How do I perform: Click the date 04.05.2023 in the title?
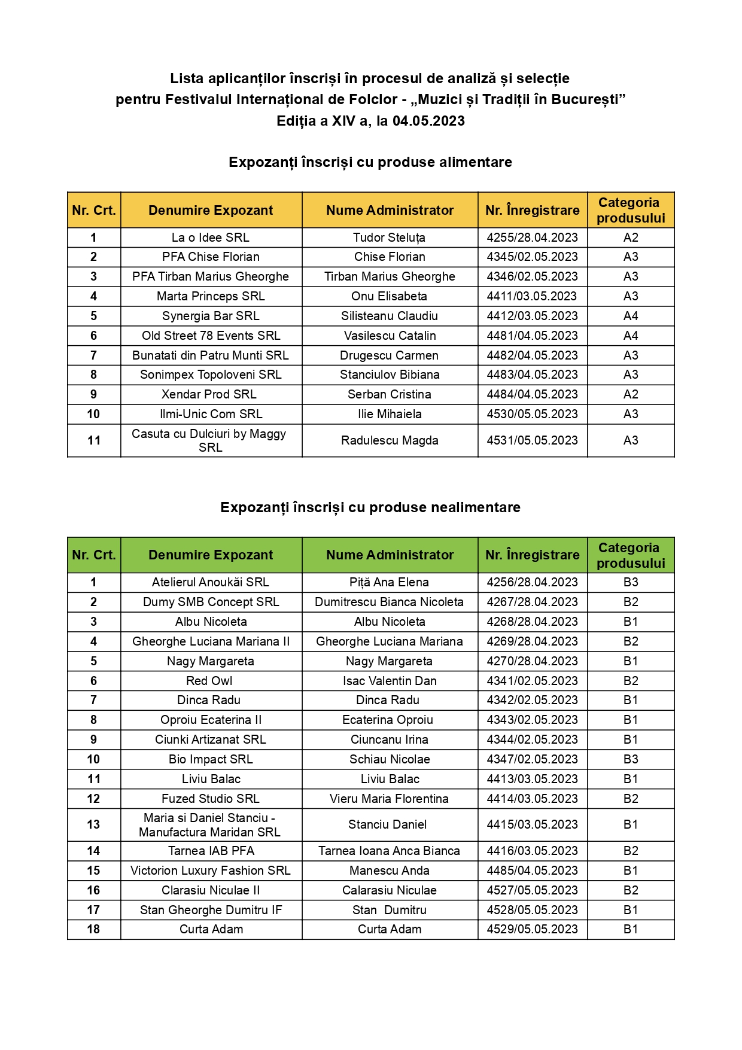[x=428, y=121]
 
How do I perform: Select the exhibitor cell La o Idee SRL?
[x=211, y=238]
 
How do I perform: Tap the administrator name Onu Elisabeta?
[x=390, y=296]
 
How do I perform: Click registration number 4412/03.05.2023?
[x=532, y=316]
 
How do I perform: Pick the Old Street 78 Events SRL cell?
[x=211, y=336]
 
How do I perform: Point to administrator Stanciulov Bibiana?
[x=390, y=375]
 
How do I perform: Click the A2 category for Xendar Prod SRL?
[x=631, y=394]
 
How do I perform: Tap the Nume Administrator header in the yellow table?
[x=390, y=210]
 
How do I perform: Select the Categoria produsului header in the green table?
[x=631, y=555]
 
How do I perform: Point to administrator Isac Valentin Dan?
[x=390, y=681]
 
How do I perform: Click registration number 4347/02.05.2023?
[x=532, y=759]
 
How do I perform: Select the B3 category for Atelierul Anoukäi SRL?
[x=631, y=582]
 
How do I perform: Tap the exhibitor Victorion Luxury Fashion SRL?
[x=211, y=871]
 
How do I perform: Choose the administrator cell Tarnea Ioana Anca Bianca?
[x=390, y=851]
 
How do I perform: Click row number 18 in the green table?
[x=93, y=929]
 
